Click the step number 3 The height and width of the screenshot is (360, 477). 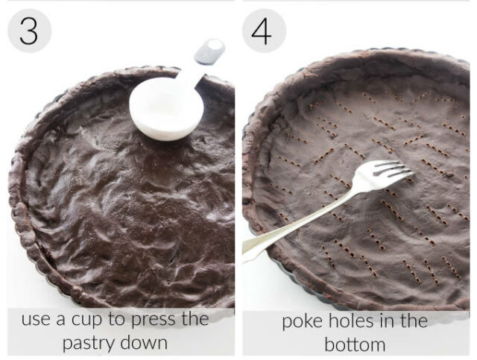(29, 31)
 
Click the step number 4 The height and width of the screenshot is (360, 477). (264, 31)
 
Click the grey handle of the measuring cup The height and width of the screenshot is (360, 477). (209, 52)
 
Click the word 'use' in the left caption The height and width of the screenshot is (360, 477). (35, 321)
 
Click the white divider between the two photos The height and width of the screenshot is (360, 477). (238, 179)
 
